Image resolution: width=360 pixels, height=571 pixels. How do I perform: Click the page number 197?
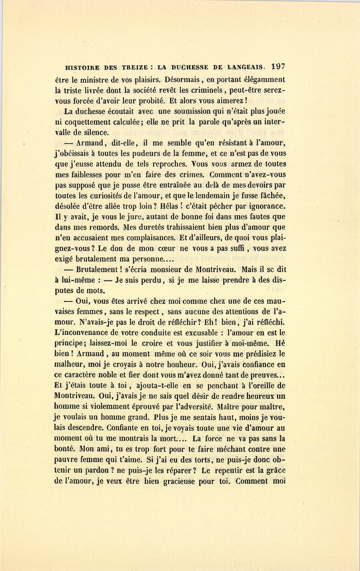pos(278,67)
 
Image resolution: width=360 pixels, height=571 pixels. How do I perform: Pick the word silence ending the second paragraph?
pos(94,132)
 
